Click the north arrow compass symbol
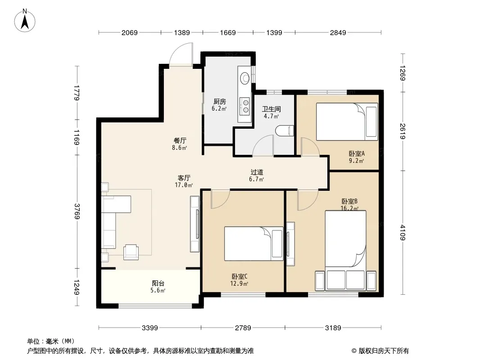(25, 20)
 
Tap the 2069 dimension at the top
(130, 32)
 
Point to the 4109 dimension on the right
(403, 233)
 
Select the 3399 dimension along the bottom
(149, 328)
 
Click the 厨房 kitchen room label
(219, 101)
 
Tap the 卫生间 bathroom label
(271, 109)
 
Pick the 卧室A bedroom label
(357, 153)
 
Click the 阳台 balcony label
(158, 283)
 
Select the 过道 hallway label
(257, 172)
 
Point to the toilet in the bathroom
(285, 131)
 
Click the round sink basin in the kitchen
(245, 78)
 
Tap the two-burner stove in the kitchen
(245, 106)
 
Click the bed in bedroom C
(254, 243)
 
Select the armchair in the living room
(131, 252)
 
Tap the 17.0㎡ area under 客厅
(184, 185)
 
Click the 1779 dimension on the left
(77, 93)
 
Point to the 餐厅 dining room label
(180, 141)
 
